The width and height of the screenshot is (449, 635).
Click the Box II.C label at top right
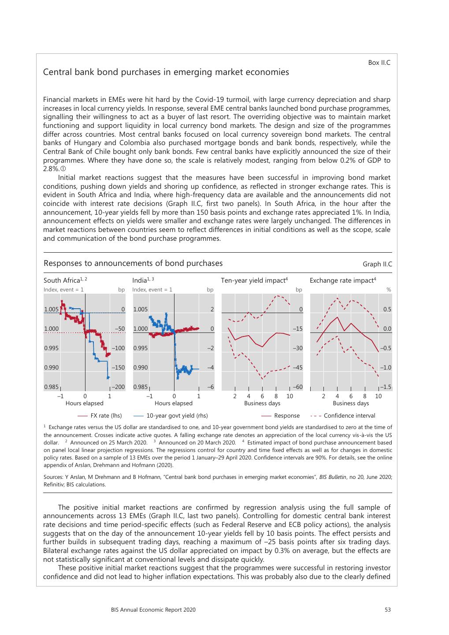point(379,63)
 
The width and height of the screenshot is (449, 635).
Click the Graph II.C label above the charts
point(377,264)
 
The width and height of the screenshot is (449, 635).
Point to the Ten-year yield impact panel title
point(254,280)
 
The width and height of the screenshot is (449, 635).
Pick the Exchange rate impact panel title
point(343,280)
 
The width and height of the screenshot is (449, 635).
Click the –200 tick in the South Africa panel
point(118,387)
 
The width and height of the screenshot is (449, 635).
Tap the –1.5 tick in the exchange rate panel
point(386,387)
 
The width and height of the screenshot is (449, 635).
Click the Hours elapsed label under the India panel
point(174,403)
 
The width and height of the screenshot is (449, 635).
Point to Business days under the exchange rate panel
point(351,403)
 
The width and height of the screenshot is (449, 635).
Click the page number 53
point(388,610)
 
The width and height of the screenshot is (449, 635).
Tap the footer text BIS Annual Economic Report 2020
point(153,610)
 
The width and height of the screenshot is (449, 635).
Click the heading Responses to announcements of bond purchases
point(133,263)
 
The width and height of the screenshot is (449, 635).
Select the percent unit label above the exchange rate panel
point(389,290)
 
